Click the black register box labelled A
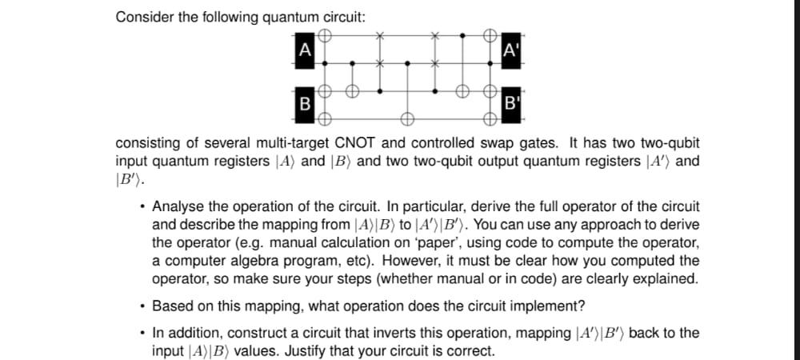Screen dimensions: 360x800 tap(303, 48)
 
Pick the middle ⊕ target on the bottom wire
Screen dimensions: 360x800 tap(406, 119)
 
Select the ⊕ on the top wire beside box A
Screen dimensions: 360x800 tap(325, 36)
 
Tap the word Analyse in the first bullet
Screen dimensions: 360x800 tap(178, 206)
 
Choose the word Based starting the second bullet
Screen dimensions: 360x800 tap(172, 306)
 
